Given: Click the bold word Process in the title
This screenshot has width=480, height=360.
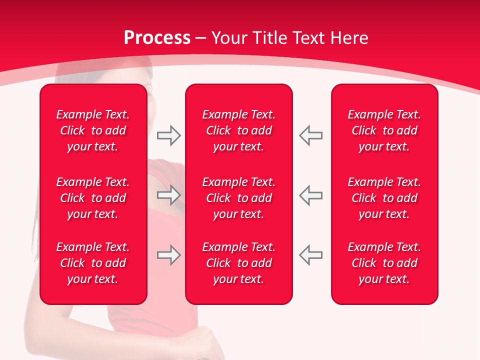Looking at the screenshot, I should click(x=157, y=38).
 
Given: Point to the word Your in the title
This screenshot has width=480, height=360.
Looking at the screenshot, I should click(x=229, y=38).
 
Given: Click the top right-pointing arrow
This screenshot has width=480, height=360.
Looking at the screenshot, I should click(x=168, y=135).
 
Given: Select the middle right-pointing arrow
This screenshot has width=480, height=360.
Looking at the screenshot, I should click(x=168, y=195).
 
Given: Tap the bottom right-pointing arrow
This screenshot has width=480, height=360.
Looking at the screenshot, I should click(x=168, y=255).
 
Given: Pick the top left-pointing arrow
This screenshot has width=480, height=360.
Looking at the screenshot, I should click(x=311, y=135).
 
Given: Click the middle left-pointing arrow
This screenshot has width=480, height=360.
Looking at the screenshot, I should click(x=311, y=195).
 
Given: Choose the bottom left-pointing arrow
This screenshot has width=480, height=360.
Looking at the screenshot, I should click(x=311, y=255).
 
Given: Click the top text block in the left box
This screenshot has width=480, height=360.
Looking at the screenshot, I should click(x=93, y=130).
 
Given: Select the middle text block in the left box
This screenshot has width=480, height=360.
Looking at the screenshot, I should click(x=93, y=198).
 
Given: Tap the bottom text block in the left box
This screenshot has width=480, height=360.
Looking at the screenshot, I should click(x=93, y=263).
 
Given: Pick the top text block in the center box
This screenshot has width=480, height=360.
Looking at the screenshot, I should click(x=238, y=130).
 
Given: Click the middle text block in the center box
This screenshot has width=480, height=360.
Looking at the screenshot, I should click(x=238, y=198).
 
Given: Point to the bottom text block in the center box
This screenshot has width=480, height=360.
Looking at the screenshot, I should click(x=238, y=263).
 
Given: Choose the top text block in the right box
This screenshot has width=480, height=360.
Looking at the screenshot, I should click(x=384, y=130).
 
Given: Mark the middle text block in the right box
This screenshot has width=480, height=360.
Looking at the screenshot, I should click(x=384, y=198).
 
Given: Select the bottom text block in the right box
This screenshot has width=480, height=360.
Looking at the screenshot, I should click(x=384, y=263).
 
